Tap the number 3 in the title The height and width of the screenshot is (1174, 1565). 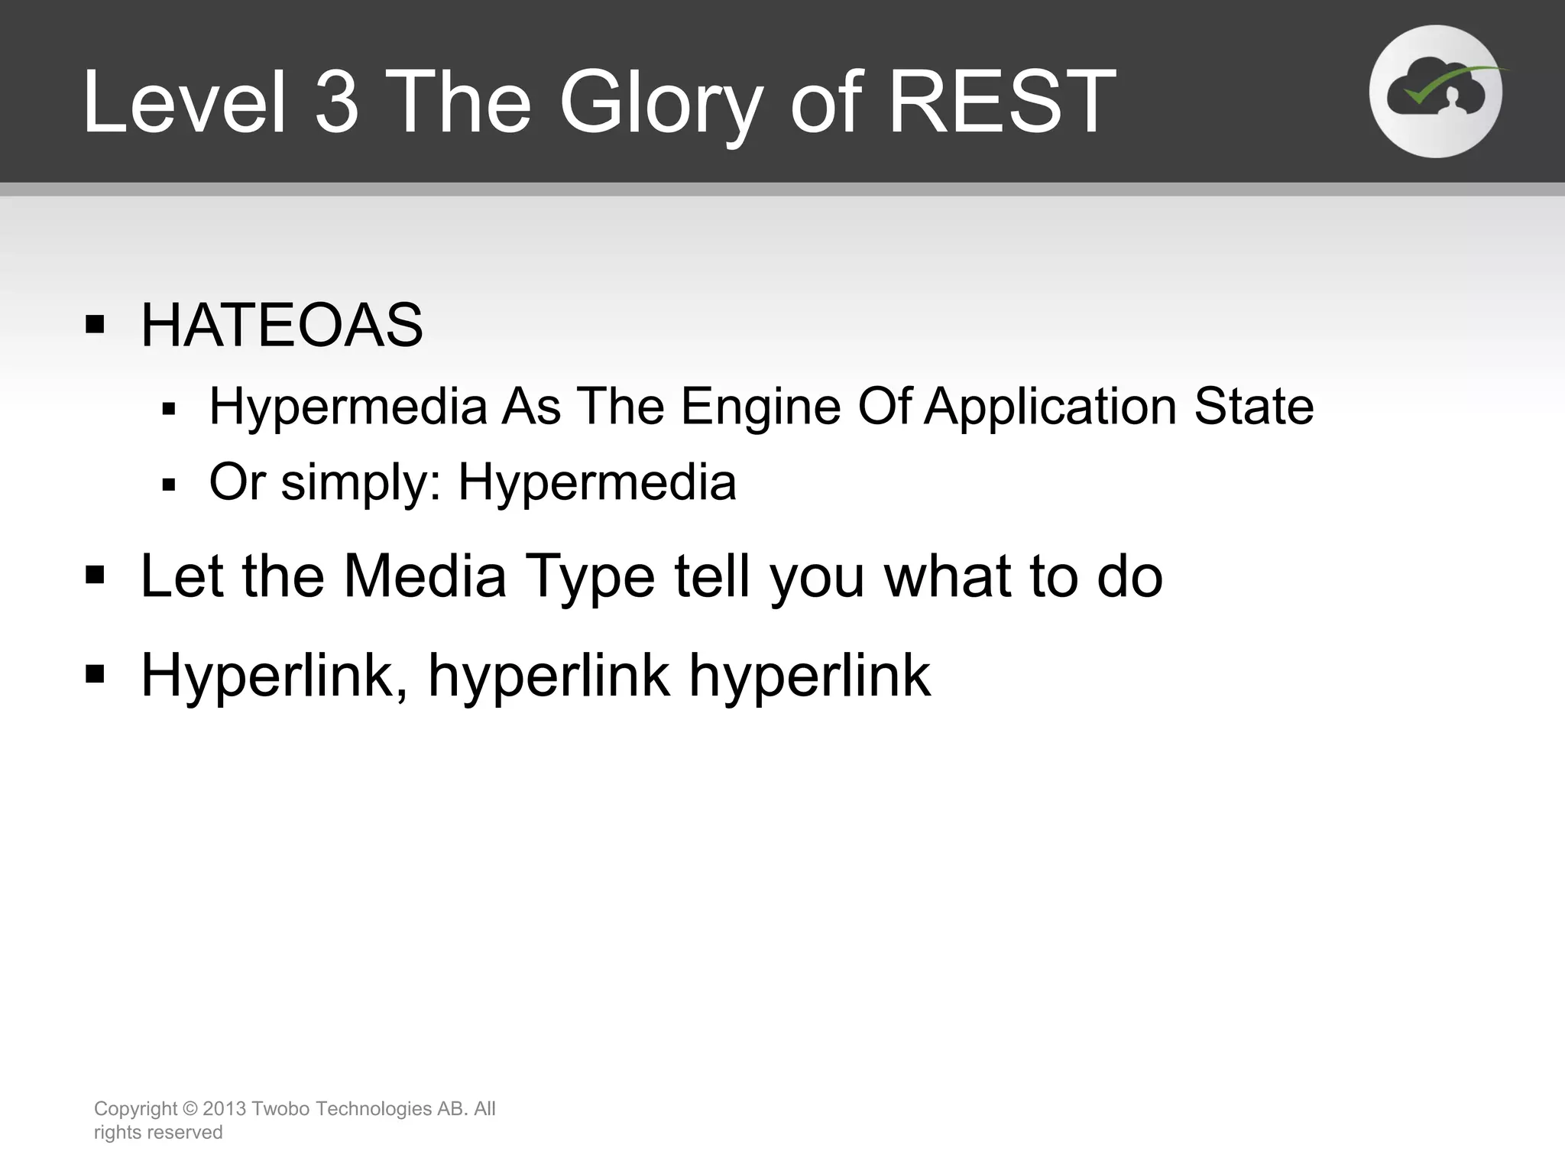[x=337, y=102]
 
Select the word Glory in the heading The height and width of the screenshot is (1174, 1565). [x=661, y=102]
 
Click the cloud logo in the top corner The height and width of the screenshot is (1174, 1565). [x=1435, y=92]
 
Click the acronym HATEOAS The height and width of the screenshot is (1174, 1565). [x=281, y=326]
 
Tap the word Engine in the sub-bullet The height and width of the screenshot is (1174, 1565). [x=760, y=406]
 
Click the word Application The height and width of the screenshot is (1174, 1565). [x=1050, y=406]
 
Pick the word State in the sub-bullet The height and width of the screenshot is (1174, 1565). [x=1253, y=406]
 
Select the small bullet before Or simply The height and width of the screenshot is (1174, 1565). [x=169, y=485]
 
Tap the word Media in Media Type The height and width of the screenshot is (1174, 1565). [x=425, y=576]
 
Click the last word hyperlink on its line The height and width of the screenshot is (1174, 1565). [x=810, y=676]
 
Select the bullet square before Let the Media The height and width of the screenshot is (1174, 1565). [x=95, y=574]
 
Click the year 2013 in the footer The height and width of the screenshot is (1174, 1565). [x=224, y=1108]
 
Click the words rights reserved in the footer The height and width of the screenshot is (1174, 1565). [x=158, y=1132]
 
